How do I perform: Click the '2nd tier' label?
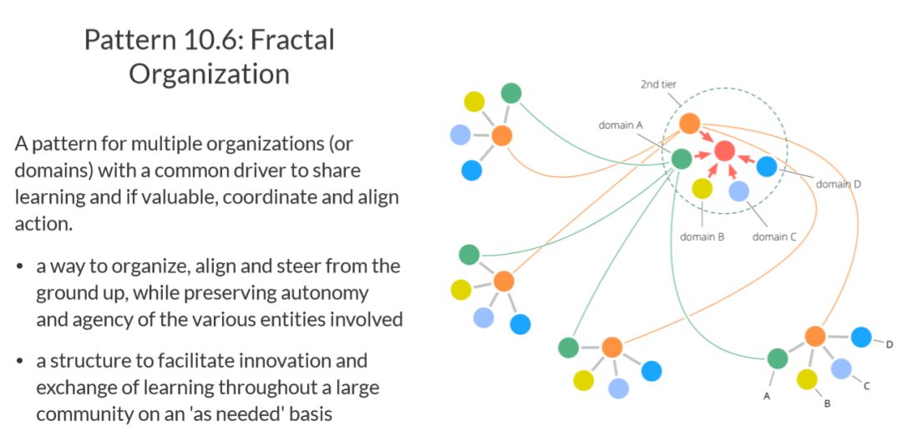pyautogui.click(x=658, y=84)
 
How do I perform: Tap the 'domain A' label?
pyautogui.click(x=621, y=124)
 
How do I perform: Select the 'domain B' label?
pyautogui.click(x=702, y=236)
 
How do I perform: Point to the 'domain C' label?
pyautogui.click(x=774, y=236)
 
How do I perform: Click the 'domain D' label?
pyautogui.click(x=838, y=184)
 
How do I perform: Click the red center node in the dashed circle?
pyautogui.click(x=724, y=151)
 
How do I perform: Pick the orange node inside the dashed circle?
pyautogui.click(x=689, y=124)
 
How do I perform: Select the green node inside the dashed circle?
pyautogui.click(x=682, y=158)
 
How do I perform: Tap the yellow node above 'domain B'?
pyautogui.click(x=702, y=188)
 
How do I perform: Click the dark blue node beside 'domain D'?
pyautogui.click(x=767, y=166)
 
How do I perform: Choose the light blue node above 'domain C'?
pyautogui.click(x=738, y=191)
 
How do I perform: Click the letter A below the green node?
pyautogui.click(x=766, y=396)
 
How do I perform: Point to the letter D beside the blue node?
pyautogui.click(x=889, y=344)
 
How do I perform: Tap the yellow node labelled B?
pyautogui.click(x=807, y=379)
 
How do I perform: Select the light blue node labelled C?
pyautogui.click(x=841, y=368)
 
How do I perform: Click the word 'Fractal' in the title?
pyautogui.click(x=289, y=39)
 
